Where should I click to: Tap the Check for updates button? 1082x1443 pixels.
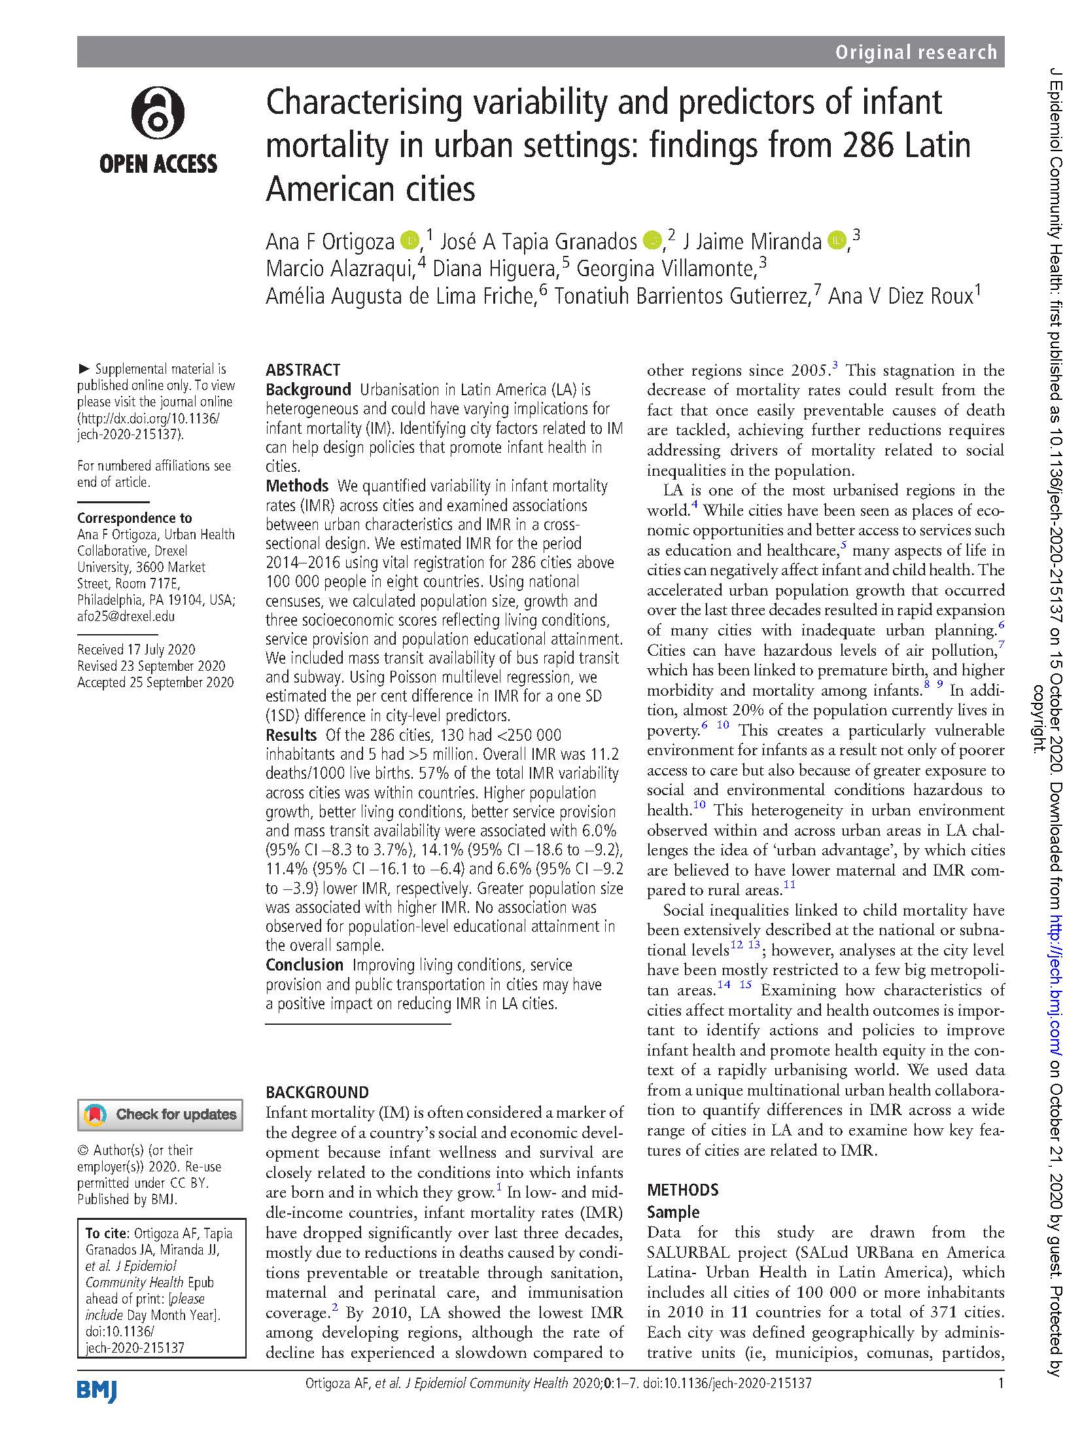pyautogui.click(x=160, y=1114)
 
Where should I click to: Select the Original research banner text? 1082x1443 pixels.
pyautogui.click(x=915, y=52)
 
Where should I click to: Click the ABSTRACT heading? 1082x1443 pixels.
pyautogui.click(x=302, y=370)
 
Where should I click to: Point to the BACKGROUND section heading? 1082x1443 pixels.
pyautogui.click(x=317, y=1092)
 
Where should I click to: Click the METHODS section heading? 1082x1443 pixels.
pyautogui.click(x=682, y=1190)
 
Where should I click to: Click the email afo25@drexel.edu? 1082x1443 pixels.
pyautogui.click(x=126, y=616)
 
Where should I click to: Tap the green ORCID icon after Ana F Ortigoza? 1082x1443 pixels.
pyautogui.click(x=410, y=241)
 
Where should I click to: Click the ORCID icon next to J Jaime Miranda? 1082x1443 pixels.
pyautogui.click(x=837, y=241)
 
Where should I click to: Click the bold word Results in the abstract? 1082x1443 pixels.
pyautogui.click(x=290, y=735)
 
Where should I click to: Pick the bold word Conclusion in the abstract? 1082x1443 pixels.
pyautogui.click(x=304, y=965)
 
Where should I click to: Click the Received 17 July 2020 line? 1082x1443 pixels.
pyautogui.click(x=136, y=649)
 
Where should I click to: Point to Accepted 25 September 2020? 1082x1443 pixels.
pyautogui.click(x=155, y=682)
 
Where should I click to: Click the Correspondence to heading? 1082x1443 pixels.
pyautogui.click(x=134, y=518)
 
